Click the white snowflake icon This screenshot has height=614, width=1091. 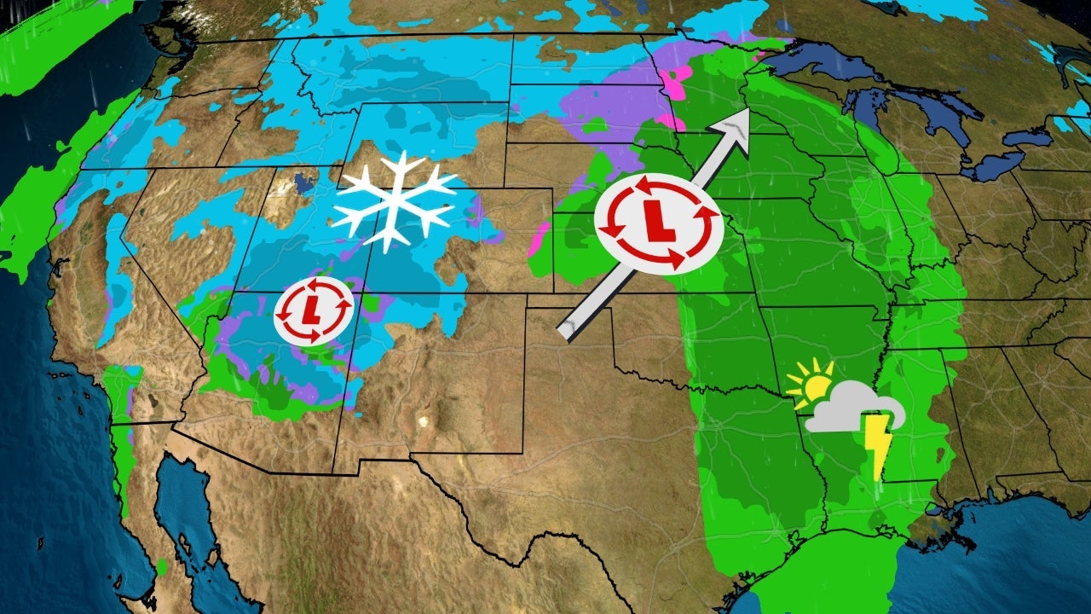[x=394, y=201]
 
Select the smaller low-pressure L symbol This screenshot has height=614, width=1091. [x=313, y=311]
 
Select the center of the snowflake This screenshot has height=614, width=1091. [x=394, y=202]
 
